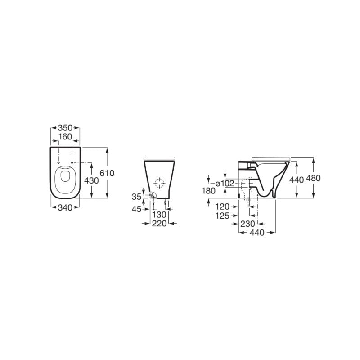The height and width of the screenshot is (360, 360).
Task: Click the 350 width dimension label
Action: (65, 126)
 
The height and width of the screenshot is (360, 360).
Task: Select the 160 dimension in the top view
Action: (65, 136)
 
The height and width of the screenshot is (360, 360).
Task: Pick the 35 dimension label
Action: (137, 196)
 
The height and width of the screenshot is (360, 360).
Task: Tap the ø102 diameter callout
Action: (225, 183)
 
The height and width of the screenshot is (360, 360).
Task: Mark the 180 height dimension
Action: (209, 191)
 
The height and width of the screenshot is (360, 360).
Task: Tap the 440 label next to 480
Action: (297, 179)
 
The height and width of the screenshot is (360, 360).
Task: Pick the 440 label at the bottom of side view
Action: (257, 233)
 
